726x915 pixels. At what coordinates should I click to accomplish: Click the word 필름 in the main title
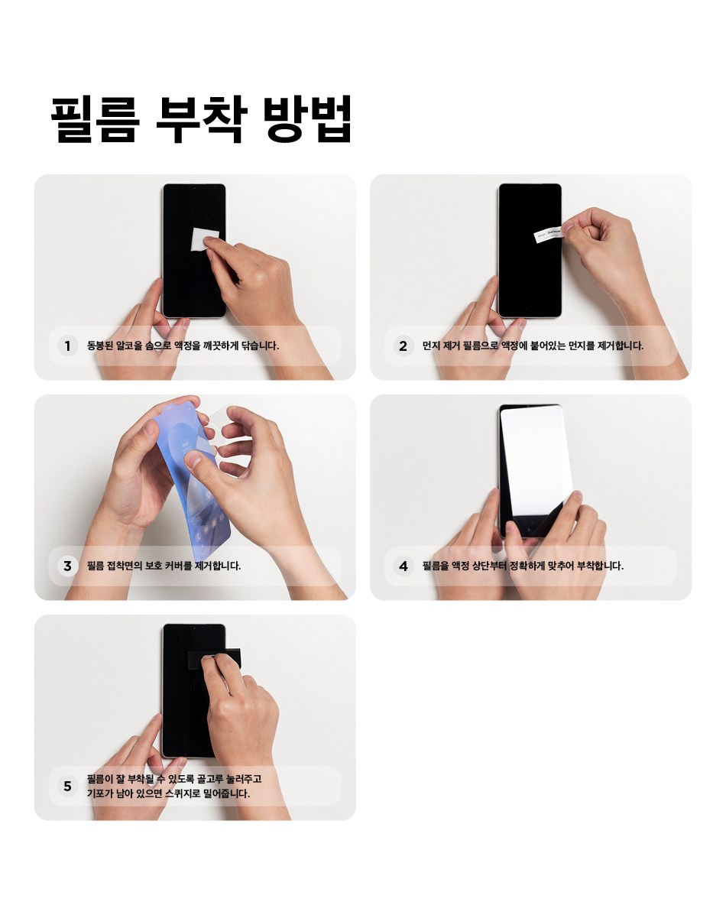[x=96, y=118]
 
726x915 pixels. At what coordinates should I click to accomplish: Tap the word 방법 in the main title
[x=307, y=118]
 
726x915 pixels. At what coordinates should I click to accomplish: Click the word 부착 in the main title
[x=202, y=118]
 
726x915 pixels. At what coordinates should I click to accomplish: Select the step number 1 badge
[x=68, y=346]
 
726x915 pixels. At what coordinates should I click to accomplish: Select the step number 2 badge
[x=404, y=346]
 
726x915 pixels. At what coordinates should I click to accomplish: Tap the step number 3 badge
[x=68, y=566]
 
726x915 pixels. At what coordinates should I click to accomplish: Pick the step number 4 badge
[x=404, y=566]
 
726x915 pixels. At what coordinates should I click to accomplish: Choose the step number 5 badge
[x=68, y=786]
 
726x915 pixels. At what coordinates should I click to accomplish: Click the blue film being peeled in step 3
[x=193, y=467]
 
